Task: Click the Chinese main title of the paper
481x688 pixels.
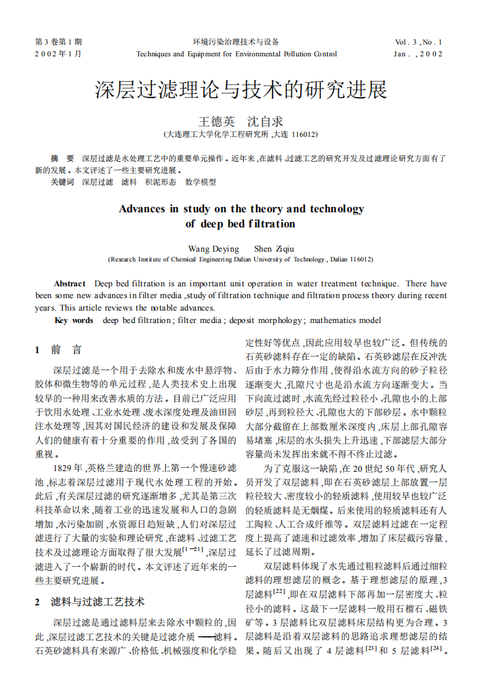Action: [x=240, y=90]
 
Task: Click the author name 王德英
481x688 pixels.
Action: [x=216, y=121]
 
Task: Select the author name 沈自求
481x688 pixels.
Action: [x=265, y=121]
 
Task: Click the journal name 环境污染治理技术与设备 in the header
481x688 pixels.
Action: [x=236, y=41]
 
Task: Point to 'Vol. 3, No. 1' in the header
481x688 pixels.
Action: [x=419, y=41]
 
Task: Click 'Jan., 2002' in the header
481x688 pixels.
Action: [x=419, y=54]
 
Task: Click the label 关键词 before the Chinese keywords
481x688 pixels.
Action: [x=62, y=182]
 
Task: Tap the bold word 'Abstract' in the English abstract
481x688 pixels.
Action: [x=69, y=284]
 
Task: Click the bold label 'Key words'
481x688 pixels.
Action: [x=73, y=320]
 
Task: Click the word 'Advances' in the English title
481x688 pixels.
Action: [x=142, y=209]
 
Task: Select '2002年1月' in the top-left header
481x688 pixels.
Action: [x=58, y=54]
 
